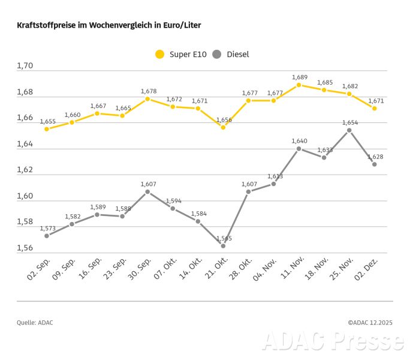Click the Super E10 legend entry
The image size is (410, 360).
pos(180,55)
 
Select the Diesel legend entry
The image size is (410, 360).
pos(230,55)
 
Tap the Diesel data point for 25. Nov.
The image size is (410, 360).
pos(349,130)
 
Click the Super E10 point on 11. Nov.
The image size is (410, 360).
pos(299,85)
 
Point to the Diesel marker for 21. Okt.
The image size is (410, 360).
pos(223,246)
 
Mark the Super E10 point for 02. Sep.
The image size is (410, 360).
pos(47,129)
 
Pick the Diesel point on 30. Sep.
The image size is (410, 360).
pos(147,192)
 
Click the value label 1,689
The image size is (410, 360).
pos(299,77)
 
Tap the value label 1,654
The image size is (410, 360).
pos(349,122)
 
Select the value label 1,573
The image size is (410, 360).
pos(47,228)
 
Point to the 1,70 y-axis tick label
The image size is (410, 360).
pos(25,66)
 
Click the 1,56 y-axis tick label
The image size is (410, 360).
pos(25,248)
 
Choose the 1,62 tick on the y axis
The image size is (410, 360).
pos(25,170)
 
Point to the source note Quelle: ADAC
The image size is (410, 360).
pos(35,323)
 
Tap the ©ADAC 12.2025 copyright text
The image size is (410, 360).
pos(370,323)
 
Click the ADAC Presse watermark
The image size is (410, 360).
pos(333,341)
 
